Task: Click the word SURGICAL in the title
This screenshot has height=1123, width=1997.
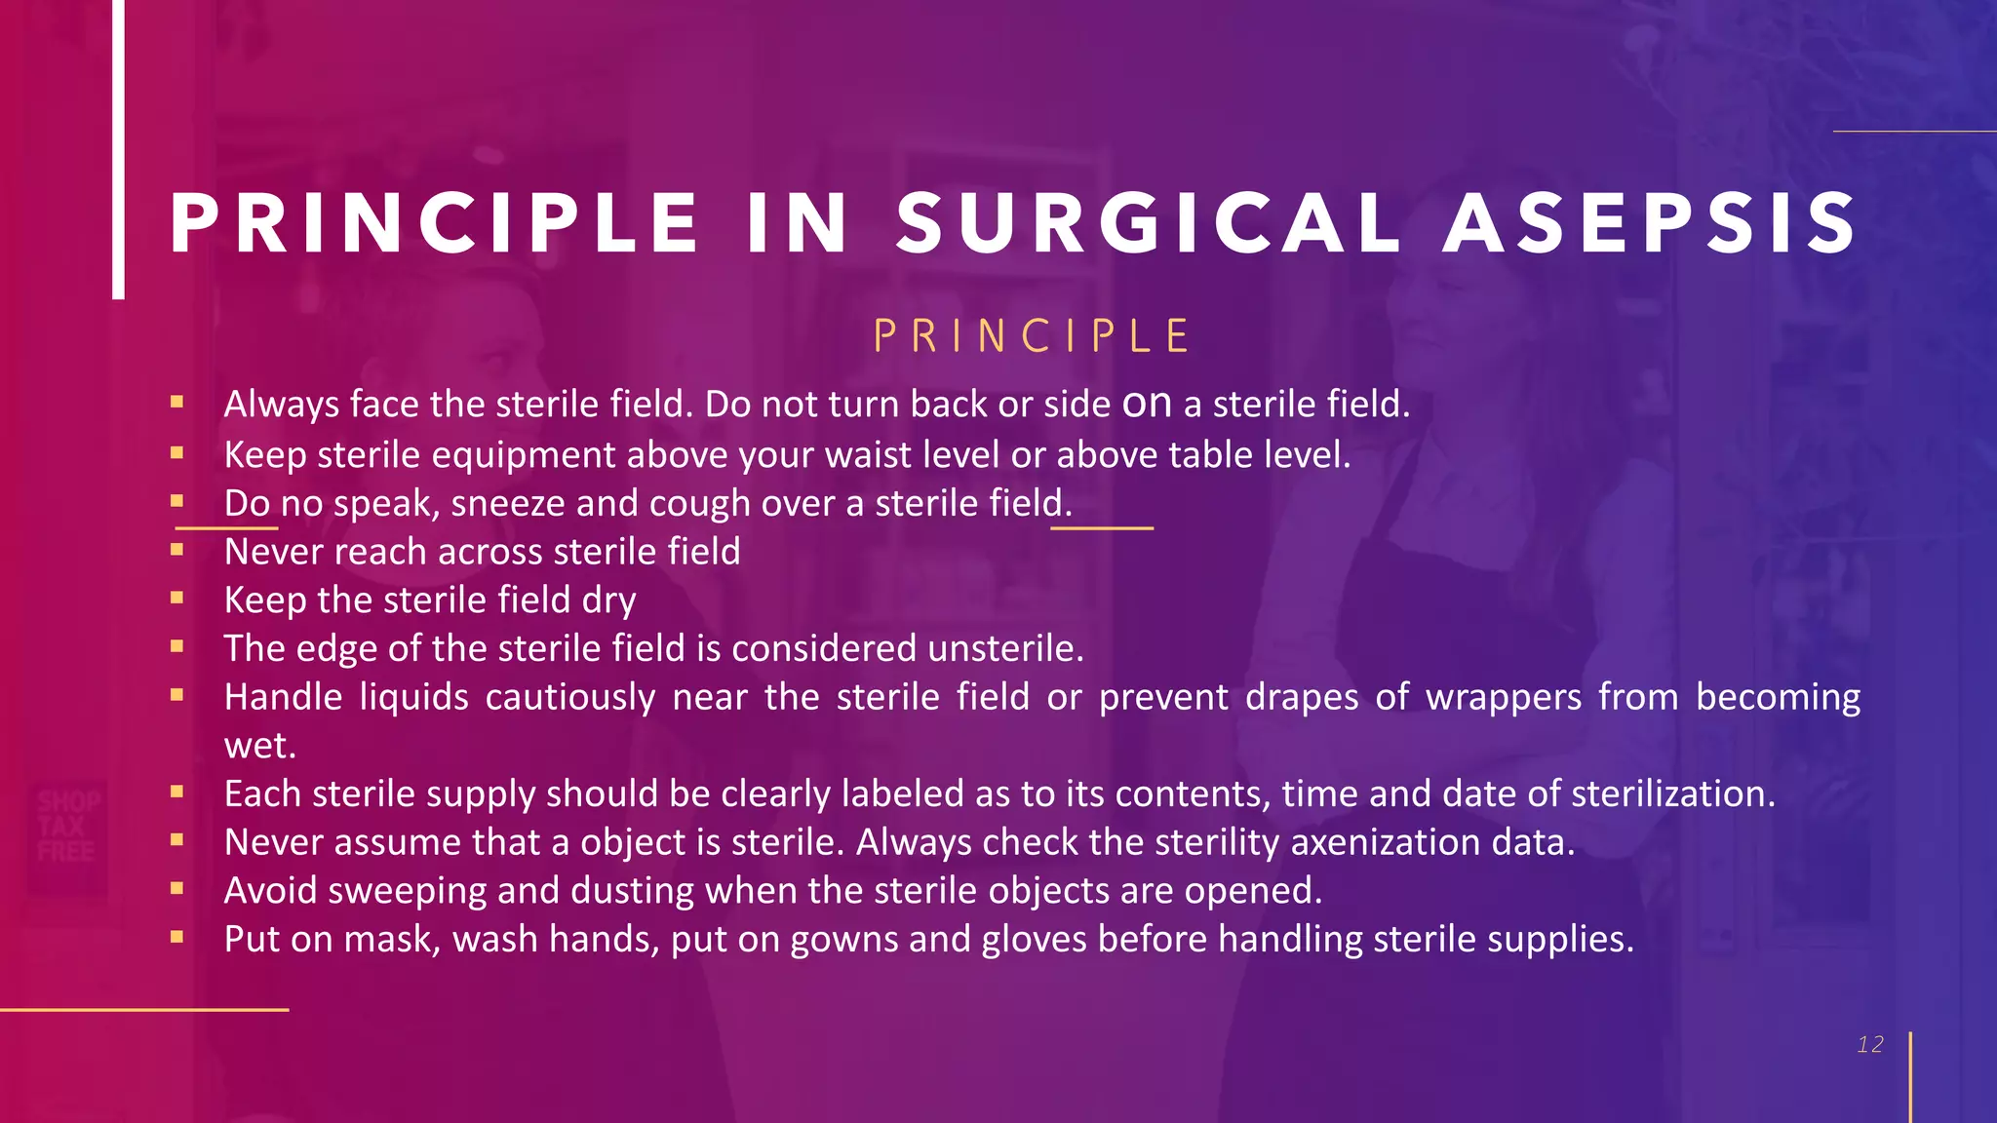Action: click(x=1149, y=224)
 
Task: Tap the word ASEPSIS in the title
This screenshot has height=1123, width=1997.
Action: click(x=1650, y=224)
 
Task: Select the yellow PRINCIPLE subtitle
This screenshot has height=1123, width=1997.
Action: click(x=1032, y=337)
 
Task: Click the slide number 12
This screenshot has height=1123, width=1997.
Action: click(x=1870, y=1045)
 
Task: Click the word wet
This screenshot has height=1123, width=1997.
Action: click(x=259, y=747)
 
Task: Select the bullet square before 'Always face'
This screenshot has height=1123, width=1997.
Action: click(x=176, y=402)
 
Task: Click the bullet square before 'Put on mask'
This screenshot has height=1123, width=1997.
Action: click(x=176, y=937)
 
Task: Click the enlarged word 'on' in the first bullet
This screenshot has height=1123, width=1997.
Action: click(x=1147, y=404)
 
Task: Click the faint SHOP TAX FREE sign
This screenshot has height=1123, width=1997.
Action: click(x=66, y=827)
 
